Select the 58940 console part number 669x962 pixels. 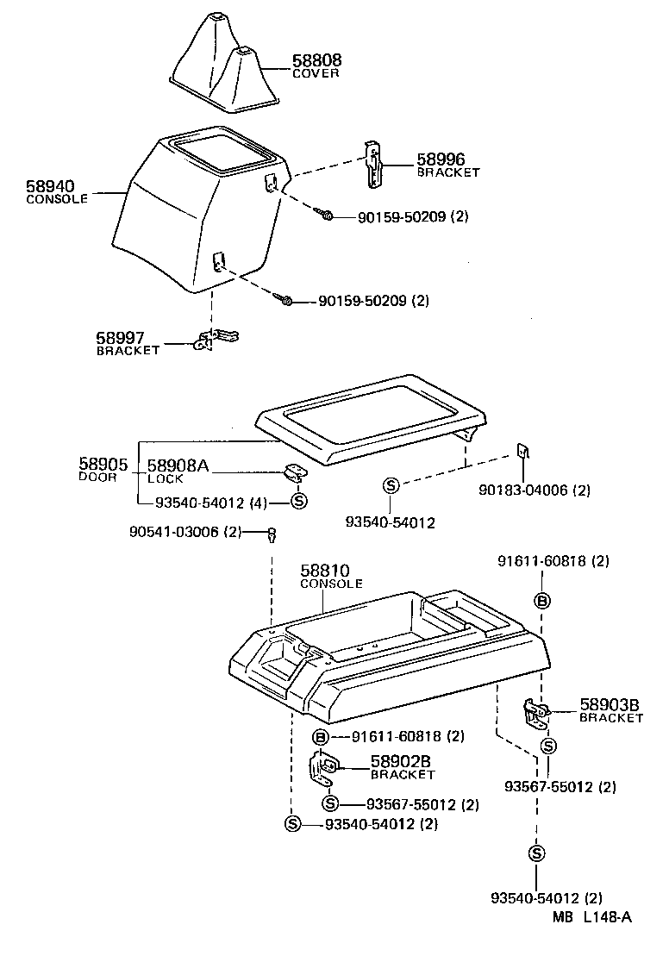[50, 186]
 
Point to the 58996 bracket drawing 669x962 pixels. [372, 164]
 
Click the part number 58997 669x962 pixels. [121, 339]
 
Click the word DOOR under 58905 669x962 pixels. [97, 477]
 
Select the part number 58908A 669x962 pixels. [178, 466]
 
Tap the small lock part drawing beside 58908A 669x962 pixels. [296, 472]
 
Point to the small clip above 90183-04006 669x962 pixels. [522, 452]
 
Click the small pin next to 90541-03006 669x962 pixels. [272, 535]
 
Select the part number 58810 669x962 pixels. [326, 572]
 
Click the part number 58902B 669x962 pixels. [400, 762]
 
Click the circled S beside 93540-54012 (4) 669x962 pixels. [299, 503]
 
